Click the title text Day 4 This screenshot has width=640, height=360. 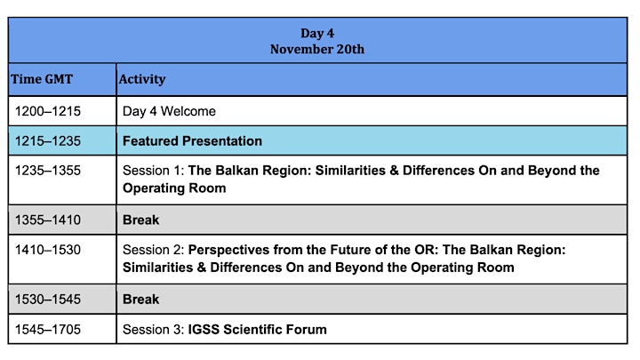point(317,33)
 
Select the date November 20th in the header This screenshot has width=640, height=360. point(317,49)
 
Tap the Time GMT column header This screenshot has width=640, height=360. point(42,79)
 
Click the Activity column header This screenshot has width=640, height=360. point(142,79)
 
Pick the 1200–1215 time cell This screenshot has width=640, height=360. point(48,111)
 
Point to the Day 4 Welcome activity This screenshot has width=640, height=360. point(169,111)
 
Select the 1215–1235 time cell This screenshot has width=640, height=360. point(48,140)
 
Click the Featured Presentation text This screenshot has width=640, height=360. point(192,140)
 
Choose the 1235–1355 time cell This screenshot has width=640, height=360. point(48,170)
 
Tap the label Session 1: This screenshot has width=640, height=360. point(154,170)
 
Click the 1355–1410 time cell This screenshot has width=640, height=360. point(48,220)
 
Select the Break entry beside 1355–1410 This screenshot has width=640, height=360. point(140,220)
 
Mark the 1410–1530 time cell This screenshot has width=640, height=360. point(48,250)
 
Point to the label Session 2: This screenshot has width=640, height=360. point(154,250)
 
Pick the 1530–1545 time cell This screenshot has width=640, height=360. point(48,300)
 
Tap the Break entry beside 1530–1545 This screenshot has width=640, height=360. point(140,300)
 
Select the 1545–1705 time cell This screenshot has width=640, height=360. point(48,330)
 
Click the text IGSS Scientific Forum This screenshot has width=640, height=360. point(257,330)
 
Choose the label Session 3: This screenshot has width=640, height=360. point(154,330)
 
